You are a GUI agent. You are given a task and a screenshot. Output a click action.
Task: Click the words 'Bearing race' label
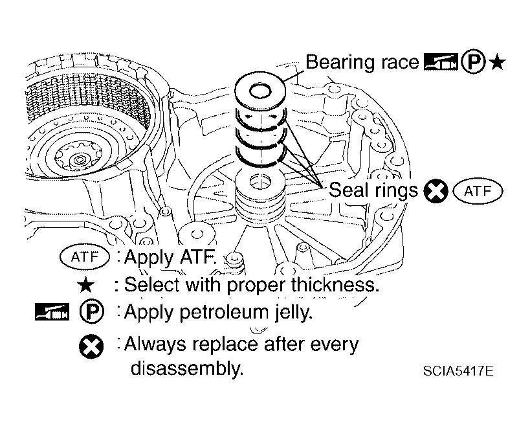[x=362, y=62]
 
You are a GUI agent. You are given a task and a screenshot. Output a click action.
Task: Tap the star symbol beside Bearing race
[x=498, y=63]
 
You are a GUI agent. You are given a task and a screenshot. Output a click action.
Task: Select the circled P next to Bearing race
[x=473, y=63]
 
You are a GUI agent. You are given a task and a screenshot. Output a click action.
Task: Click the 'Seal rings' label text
[x=373, y=190]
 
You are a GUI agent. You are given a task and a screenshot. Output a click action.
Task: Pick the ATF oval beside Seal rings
[x=478, y=191]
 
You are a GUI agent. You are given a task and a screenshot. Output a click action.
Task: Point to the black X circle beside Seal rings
[x=436, y=191]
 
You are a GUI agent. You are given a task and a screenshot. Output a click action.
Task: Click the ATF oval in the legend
[x=85, y=257]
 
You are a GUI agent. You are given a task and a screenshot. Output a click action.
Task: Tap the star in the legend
[x=86, y=285]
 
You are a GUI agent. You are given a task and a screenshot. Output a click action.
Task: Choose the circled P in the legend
[x=92, y=311]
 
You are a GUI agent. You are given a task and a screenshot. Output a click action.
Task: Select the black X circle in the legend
[x=91, y=346]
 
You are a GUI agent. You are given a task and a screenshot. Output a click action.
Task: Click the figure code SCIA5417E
[x=458, y=371]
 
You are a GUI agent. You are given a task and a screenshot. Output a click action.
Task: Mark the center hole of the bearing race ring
[x=260, y=91]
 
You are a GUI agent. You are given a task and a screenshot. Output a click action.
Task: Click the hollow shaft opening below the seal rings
[x=260, y=182]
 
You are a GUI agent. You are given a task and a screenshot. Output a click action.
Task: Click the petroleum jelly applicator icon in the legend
[x=52, y=311]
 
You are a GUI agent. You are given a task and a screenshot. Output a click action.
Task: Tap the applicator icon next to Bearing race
[x=441, y=62]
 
